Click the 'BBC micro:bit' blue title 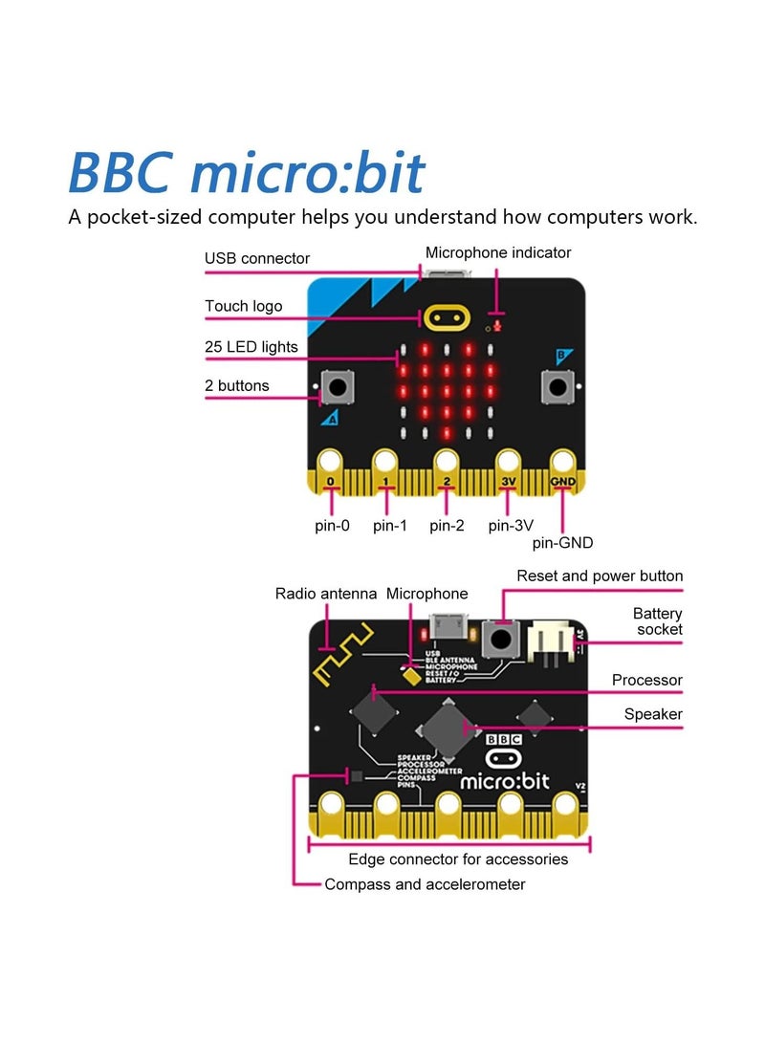tap(246, 173)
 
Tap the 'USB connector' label tap(257, 258)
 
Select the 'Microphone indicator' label tap(498, 252)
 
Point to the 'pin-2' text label tap(447, 525)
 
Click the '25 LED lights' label tap(251, 346)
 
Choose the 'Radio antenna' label tap(326, 594)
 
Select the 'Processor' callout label tap(647, 681)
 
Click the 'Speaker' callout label tap(653, 714)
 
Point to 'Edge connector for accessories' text tap(458, 859)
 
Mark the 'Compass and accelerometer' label tap(425, 884)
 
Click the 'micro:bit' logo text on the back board tap(505, 781)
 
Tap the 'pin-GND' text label tap(562, 543)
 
